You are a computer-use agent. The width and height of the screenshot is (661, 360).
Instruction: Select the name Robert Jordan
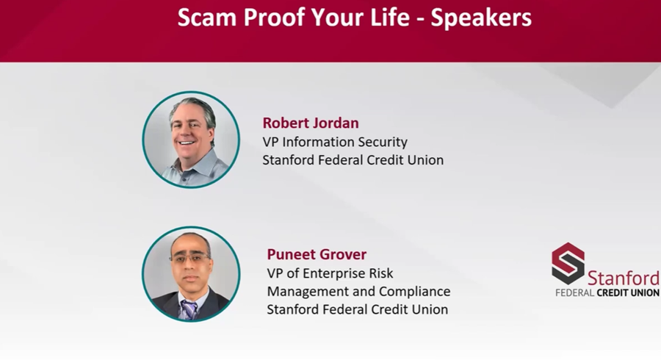coord(311,123)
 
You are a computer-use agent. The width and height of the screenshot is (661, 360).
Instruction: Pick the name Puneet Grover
coord(317,255)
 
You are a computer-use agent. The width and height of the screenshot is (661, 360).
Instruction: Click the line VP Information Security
coord(335,143)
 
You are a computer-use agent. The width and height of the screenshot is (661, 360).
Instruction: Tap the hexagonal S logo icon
coord(568,264)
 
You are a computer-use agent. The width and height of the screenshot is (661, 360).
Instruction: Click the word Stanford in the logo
coord(624,278)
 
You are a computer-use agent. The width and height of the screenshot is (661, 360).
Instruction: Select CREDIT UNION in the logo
coord(628,292)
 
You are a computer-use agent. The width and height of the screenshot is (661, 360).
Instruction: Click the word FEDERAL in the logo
coord(574,292)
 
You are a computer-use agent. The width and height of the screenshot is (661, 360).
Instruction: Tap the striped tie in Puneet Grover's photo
coord(189,309)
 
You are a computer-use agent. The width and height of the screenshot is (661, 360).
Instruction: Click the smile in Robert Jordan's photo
coord(187,143)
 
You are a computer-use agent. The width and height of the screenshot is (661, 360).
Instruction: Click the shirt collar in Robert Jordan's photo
coord(190,165)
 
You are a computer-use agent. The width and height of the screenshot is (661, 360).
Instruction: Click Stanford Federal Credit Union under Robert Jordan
coord(353,161)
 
